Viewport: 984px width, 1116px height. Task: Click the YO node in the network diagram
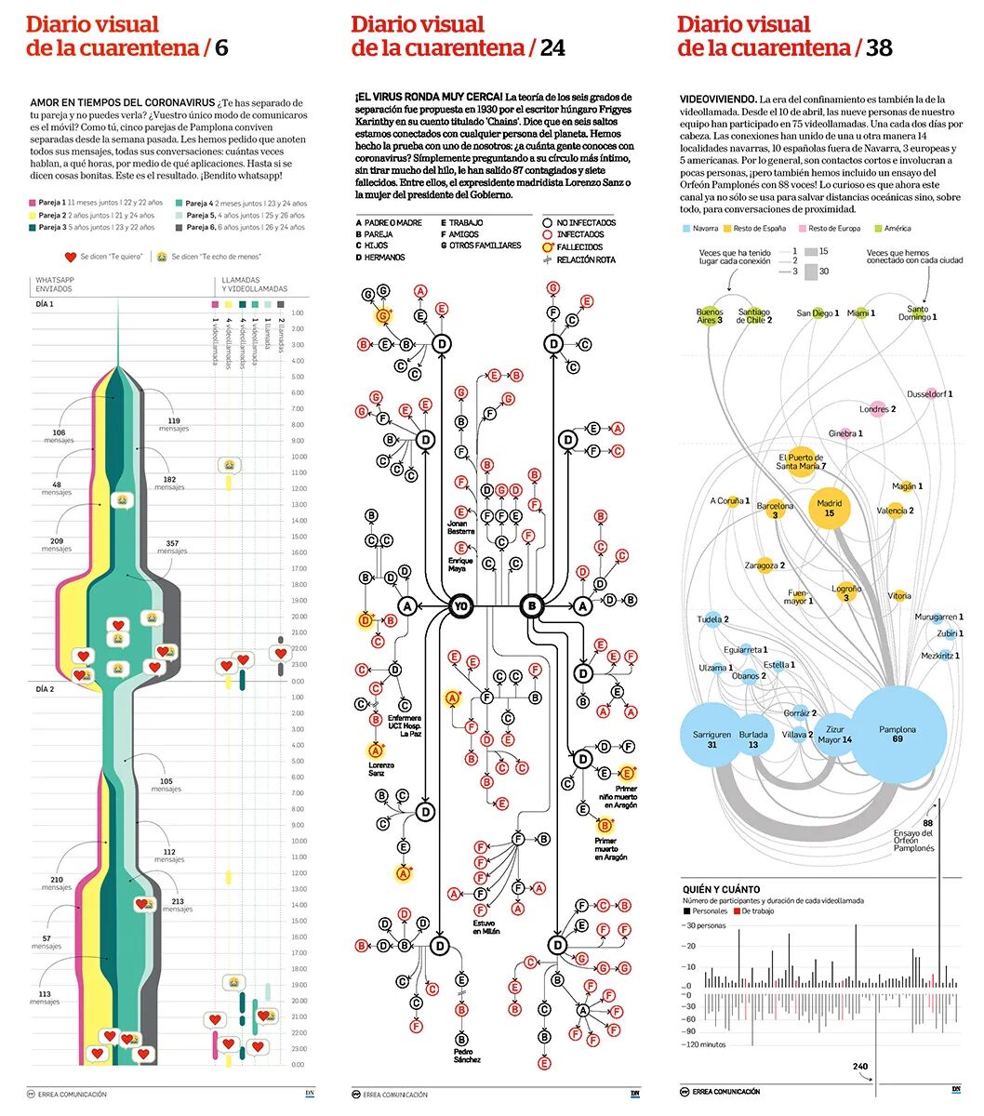[459, 606]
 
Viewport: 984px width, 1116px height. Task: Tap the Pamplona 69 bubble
[898, 735]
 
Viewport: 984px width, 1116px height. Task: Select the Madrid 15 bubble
[829, 508]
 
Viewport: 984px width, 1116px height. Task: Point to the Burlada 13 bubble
[753, 739]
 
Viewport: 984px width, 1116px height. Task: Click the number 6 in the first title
[221, 47]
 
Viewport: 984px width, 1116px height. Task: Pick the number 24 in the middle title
[552, 47]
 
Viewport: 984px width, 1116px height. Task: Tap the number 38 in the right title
[879, 47]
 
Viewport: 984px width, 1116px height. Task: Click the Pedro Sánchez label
[467, 1055]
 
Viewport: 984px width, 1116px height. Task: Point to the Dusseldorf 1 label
[930, 394]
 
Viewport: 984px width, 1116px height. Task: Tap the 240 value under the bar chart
[859, 1067]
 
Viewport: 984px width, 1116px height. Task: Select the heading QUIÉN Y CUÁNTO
[721, 889]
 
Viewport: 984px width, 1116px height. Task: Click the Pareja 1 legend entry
[51, 203]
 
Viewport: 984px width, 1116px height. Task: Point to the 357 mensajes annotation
[172, 547]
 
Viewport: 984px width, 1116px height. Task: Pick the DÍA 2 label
[45, 689]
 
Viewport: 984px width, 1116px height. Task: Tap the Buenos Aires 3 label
[710, 316]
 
